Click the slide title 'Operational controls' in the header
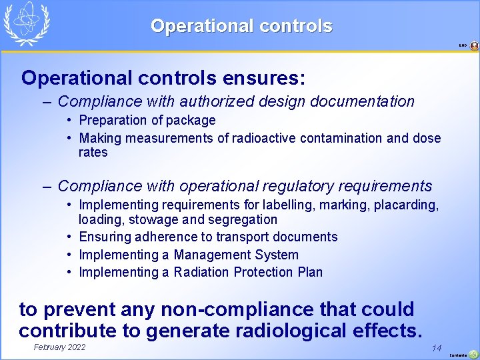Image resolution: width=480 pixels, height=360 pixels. (x=241, y=26)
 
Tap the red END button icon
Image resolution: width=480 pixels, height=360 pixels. (x=474, y=46)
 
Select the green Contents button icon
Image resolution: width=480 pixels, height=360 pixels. (x=473, y=354)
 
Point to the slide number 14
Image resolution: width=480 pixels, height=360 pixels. (x=437, y=348)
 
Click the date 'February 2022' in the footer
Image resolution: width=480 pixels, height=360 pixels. (x=59, y=347)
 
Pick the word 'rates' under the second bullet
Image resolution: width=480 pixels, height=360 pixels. (x=93, y=153)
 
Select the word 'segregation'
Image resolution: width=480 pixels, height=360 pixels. (x=243, y=219)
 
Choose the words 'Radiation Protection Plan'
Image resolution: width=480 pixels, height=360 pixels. (x=248, y=272)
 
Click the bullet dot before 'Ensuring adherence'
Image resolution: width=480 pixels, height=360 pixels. (x=69, y=237)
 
